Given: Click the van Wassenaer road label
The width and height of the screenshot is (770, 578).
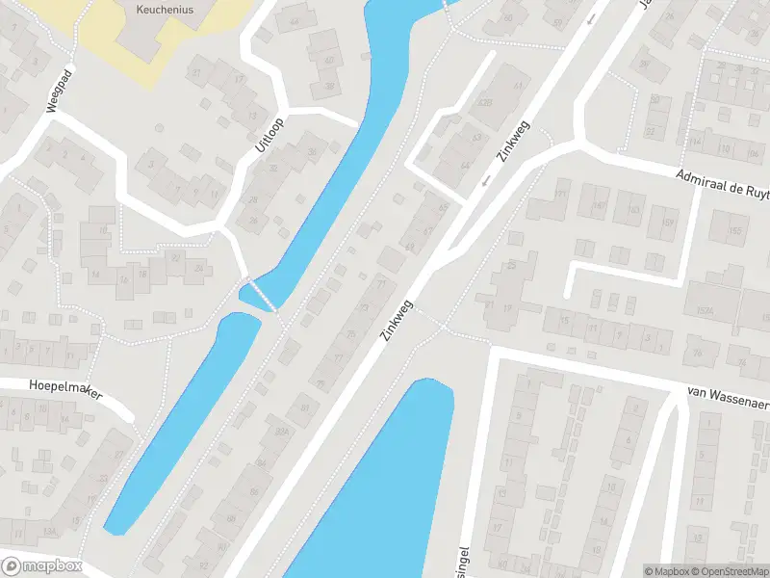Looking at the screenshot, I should click(x=729, y=393).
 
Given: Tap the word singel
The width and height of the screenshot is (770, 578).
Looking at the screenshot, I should click(x=466, y=556).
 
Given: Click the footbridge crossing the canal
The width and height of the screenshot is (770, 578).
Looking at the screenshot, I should click(x=257, y=294).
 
